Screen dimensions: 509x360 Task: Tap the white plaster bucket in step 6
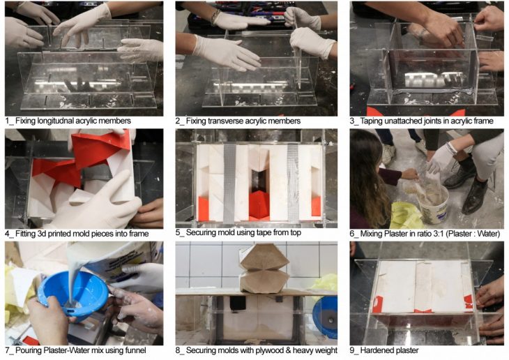coord(434,204)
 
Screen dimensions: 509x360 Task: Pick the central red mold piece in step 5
coord(259,205)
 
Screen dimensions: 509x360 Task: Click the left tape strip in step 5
coord(229,183)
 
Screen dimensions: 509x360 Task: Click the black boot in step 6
coord(475,193)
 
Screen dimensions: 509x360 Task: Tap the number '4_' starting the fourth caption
coord(9,234)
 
